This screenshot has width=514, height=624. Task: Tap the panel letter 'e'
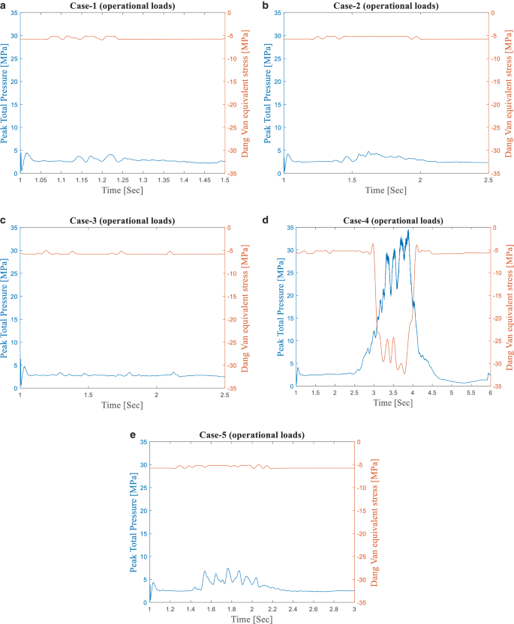pos(133,435)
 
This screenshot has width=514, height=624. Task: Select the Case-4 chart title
pos(393,221)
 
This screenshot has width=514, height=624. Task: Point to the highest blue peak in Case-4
pos(408,230)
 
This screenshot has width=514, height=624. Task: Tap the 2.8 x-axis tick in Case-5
pos(333,610)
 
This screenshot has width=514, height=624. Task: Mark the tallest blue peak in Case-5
pos(228,569)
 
